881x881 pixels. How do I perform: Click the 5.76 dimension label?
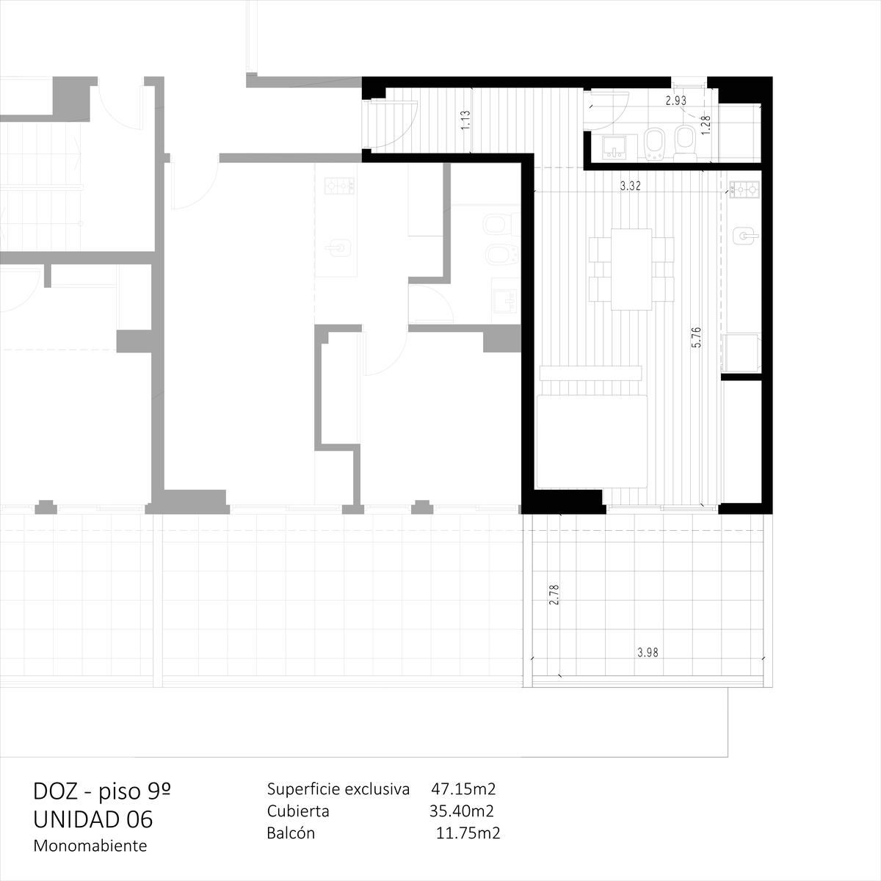tap(696, 338)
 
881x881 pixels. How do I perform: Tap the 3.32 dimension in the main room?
tap(630, 186)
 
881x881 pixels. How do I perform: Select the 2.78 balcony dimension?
tap(554, 595)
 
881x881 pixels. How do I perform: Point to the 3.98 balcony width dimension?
tap(648, 653)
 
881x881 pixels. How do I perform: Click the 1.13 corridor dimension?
tap(466, 120)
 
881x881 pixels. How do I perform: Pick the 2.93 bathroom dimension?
tap(675, 101)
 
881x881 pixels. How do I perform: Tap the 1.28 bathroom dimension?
tap(706, 124)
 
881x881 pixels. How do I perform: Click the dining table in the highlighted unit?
tap(631, 269)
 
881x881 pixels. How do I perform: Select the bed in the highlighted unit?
tap(592, 441)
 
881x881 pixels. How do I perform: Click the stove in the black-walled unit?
tap(744, 189)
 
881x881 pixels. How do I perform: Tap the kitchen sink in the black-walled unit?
tap(746, 236)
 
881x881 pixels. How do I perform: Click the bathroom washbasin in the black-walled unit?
tap(614, 148)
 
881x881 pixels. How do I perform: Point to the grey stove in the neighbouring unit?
tap(340, 186)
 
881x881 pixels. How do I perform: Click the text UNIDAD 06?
tap(93, 819)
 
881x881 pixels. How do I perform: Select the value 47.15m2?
tap(463, 788)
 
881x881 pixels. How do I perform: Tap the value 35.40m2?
tap(461, 811)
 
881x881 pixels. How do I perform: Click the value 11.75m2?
tap(468, 833)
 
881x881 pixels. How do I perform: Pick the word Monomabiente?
tap(90, 846)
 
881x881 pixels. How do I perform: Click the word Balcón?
tap(291, 833)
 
